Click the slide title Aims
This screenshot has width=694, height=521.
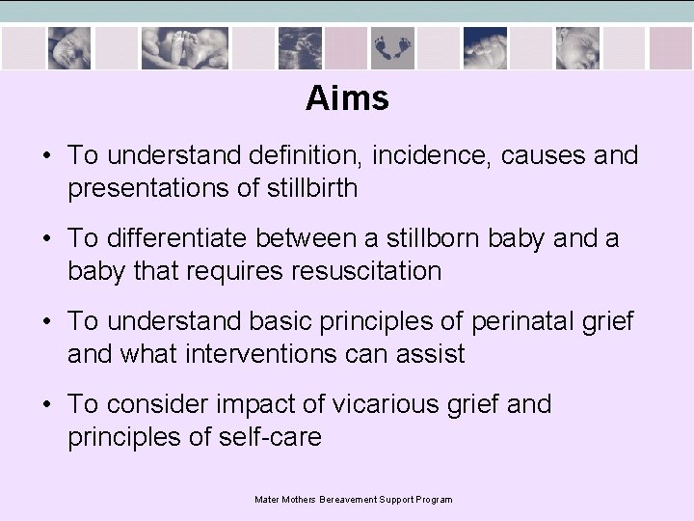point(347,98)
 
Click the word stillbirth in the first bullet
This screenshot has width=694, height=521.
point(309,188)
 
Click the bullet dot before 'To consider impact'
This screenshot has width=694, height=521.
point(46,405)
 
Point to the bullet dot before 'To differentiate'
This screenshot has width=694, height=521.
point(46,239)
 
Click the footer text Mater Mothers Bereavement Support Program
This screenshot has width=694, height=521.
point(353,500)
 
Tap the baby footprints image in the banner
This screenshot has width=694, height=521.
point(391,46)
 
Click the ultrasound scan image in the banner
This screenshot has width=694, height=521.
point(300,46)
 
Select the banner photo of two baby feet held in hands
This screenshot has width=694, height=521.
point(183,46)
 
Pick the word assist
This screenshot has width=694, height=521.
point(432,354)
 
